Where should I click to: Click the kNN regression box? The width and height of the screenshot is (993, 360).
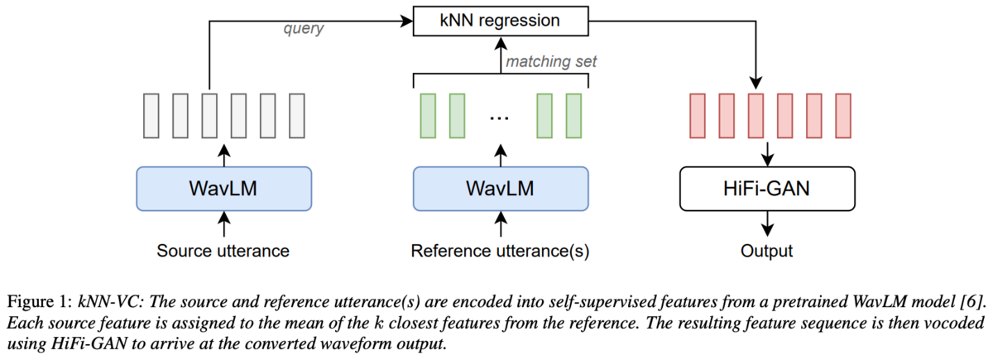click(x=501, y=21)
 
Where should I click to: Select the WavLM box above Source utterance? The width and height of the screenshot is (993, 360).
click(x=224, y=189)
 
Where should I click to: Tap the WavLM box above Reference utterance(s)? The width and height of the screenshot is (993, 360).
click(x=501, y=189)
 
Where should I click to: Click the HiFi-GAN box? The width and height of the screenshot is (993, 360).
click(x=767, y=189)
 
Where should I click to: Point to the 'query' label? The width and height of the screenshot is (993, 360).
click(x=304, y=29)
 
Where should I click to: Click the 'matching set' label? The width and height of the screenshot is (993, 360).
click(x=551, y=61)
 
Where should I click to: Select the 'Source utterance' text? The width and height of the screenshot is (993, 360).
click(x=223, y=251)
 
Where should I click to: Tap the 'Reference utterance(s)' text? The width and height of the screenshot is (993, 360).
click(x=500, y=252)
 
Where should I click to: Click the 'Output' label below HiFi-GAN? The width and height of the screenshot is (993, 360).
click(x=766, y=252)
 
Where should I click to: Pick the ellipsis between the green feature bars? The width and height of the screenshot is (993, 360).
click(x=500, y=118)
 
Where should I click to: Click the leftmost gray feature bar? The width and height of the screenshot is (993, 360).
click(x=151, y=116)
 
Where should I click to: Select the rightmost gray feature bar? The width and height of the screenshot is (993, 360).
click(x=296, y=116)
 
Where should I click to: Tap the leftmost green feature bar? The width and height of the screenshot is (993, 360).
click(x=428, y=116)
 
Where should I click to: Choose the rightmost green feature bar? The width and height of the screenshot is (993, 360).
click(x=573, y=116)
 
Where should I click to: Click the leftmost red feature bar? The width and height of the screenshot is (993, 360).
click(x=698, y=116)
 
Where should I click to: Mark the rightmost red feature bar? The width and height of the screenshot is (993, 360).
click(x=843, y=116)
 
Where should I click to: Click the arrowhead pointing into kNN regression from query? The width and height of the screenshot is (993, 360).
click(x=406, y=21)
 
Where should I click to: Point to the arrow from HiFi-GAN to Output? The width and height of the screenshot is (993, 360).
click(x=767, y=223)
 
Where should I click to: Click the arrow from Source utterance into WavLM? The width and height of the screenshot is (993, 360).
click(x=224, y=223)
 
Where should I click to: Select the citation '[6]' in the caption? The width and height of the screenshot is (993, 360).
click(x=972, y=302)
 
